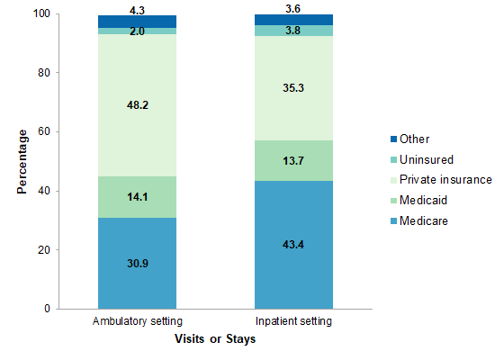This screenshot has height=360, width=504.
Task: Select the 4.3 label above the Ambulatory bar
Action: [137, 8]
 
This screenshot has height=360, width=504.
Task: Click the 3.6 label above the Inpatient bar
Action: [294, 8]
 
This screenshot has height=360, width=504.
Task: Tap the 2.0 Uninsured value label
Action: [137, 31]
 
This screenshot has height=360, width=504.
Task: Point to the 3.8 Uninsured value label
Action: [294, 31]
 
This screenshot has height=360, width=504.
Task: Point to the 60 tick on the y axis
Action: [45, 132]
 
